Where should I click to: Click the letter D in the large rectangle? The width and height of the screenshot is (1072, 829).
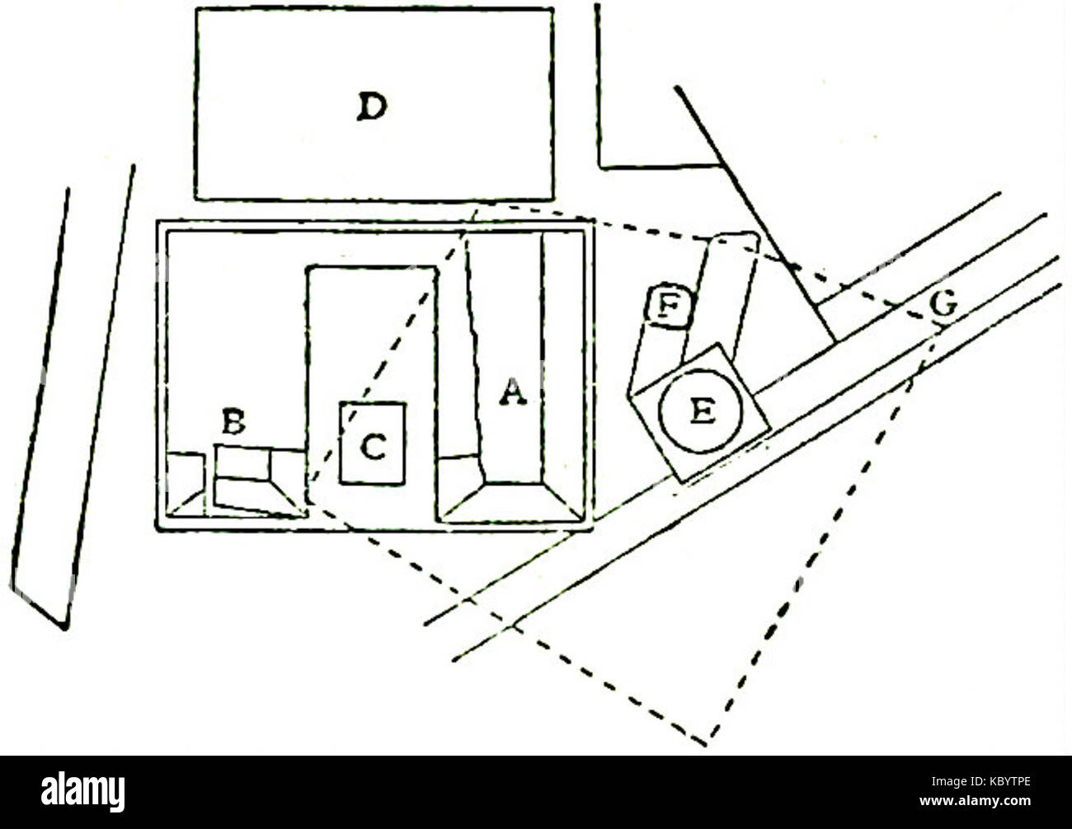[372, 107]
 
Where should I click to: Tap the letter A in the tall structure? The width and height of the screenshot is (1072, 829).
[513, 391]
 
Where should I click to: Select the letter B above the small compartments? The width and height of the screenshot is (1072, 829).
[233, 422]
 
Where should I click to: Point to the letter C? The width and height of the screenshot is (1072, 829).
[373, 447]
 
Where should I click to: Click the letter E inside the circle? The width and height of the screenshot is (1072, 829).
[702, 411]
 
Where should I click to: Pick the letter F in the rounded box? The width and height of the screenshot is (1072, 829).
[669, 305]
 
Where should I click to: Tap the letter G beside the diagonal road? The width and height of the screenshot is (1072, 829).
[943, 303]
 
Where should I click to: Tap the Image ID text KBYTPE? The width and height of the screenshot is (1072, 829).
[980, 782]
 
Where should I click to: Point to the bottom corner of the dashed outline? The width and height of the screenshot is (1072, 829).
[707, 745]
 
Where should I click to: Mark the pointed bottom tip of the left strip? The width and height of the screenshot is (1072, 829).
[64, 629]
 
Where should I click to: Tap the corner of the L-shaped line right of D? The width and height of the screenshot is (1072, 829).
[600, 167]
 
